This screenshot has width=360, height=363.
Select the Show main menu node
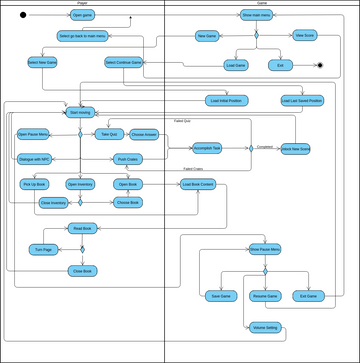click(x=255, y=15)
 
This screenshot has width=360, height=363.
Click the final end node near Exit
click(x=319, y=65)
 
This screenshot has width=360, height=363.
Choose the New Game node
click(x=207, y=35)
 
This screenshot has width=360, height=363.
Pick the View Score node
click(x=305, y=35)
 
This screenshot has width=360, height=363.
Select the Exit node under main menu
click(x=279, y=65)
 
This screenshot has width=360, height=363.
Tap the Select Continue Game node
click(x=124, y=62)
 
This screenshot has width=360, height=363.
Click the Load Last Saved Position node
click(x=302, y=101)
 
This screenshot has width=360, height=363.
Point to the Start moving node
click(x=82, y=112)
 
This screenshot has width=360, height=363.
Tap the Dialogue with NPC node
click(x=35, y=159)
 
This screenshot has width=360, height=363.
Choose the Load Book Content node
click(x=198, y=184)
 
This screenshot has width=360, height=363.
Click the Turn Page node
click(x=43, y=248)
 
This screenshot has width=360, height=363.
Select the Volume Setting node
click(x=265, y=327)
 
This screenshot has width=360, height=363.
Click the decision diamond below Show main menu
click(x=255, y=36)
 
